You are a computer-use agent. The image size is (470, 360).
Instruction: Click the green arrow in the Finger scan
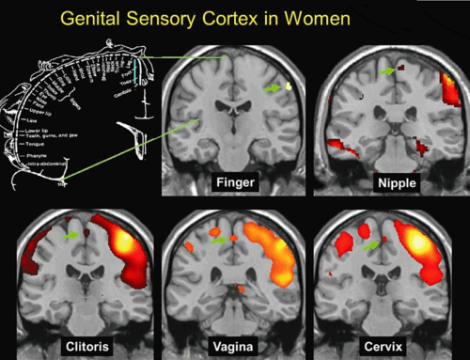point(274,87)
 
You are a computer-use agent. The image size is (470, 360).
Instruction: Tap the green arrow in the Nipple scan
point(386,69)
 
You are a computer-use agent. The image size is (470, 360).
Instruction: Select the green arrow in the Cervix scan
point(375,243)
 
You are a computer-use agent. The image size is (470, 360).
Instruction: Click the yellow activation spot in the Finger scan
point(289,86)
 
